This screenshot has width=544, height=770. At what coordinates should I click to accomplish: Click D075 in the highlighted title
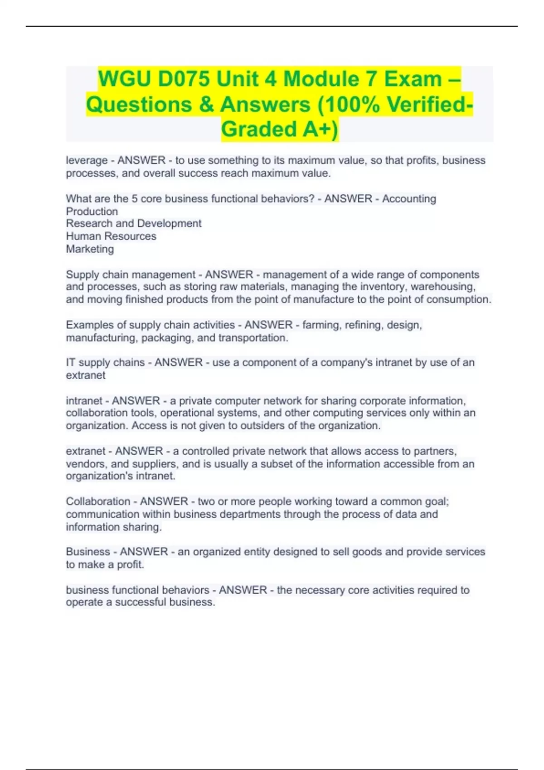184,79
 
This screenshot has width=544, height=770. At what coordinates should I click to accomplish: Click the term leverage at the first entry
87,160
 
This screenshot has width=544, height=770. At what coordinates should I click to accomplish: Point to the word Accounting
409,199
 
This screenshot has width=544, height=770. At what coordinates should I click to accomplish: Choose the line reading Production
92,212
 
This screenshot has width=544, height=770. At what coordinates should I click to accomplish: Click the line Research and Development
134,224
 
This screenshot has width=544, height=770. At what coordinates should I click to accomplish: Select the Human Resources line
111,236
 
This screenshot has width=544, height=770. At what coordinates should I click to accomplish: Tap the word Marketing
90,249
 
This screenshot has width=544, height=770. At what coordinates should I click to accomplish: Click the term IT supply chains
105,363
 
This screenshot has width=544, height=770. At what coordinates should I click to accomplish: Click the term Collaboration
98,502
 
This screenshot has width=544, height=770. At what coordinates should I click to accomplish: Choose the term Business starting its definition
88,552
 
